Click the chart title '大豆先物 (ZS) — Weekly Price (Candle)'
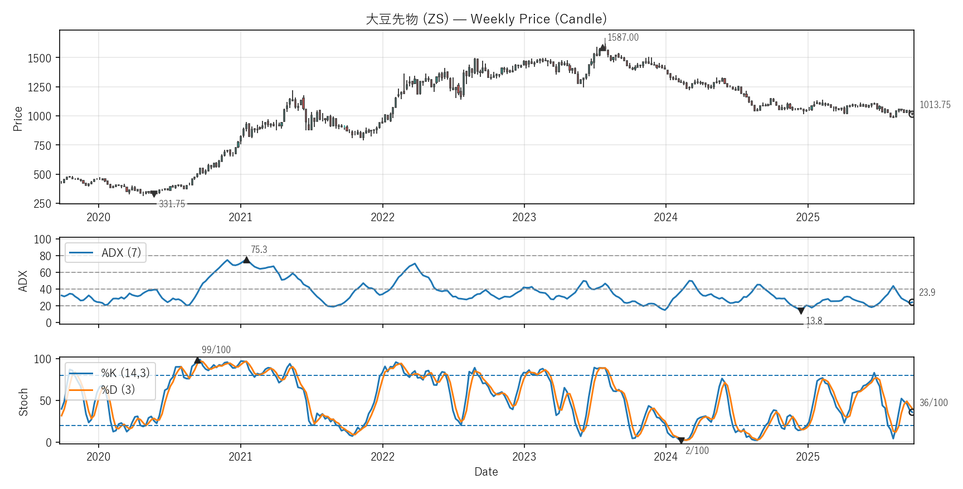pos(486,19)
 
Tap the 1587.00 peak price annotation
pos(622,37)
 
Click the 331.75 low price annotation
pos(172,204)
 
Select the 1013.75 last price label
pos(935,105)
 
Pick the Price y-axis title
pos(18,119)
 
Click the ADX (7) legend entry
pos(120,253)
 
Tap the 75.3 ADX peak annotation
pos(259,250)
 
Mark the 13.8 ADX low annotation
pos(814,321)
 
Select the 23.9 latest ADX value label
pos(927,292)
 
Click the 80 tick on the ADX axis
pos(46,256)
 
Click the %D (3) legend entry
pos(118,390)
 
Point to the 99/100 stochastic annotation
pos(216,350)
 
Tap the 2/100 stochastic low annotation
pos(697,451)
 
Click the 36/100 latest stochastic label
pos(933,403)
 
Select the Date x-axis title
pos(486,472)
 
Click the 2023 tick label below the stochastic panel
pos(524,457)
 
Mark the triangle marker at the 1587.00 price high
pos(602,48)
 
